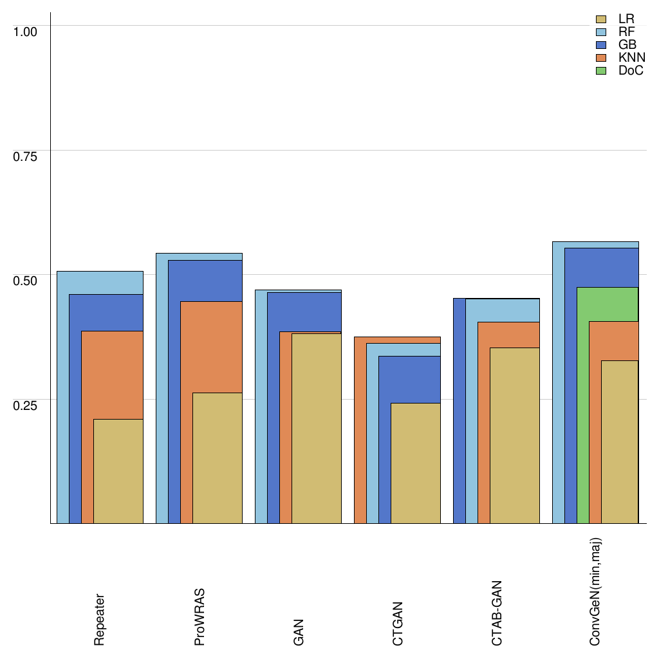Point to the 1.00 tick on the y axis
pyautogui.click(x=26, y=31)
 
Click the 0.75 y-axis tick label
pyautogui.click(x=26, y=156)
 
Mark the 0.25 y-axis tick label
pyautogui.click(x=26, y=405)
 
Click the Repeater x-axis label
pyautogui.click(x=100, y=619)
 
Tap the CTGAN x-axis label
pyautogui.click(x=398, y=622)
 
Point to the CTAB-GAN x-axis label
pyautogui.click(x=497, y=613)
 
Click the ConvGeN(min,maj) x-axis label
pyautogui.click(x=596, y=592)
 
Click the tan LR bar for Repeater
pyautogui.click(x=118, y=471)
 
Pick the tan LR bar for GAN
pyautogui.click(x=317, y=428)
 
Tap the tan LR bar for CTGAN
pyautogui.click(x=416, y=463)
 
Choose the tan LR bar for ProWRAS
pyautogui.click(x=218, y=458)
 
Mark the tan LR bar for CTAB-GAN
pyautogui.click(x=515, y=436)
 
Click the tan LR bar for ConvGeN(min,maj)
pyautogui.click(x=620, y=442)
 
